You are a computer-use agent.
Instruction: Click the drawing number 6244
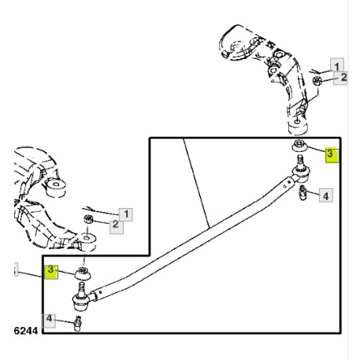(26, 331)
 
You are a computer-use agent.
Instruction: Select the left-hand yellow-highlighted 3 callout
(51, 272)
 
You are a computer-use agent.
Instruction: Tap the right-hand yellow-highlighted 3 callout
(332, 154)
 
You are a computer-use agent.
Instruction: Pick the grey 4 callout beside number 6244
(49, 321)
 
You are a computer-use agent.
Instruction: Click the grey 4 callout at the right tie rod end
(326, 195)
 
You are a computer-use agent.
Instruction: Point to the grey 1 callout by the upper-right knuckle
(337, 65)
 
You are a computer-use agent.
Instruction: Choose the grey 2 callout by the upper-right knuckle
(341, 78)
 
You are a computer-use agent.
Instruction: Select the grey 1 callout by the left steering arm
(126, 214)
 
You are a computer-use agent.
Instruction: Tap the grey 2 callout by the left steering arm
(117, 226)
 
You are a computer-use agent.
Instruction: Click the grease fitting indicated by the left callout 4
(77, 324)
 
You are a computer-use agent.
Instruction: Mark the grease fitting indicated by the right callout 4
(303, 192)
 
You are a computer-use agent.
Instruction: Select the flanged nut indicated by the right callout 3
(299, 146)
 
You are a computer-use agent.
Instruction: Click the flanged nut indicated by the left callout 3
(83, 273)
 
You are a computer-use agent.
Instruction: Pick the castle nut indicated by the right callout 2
(317, 80)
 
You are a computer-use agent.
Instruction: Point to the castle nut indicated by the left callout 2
(88, 219)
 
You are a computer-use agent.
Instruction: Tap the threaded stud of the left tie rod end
(82, 288)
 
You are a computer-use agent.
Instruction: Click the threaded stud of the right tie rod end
(300, 161)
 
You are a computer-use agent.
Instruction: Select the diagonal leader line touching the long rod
(196, 183)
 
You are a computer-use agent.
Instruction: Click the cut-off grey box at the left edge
(16, 269)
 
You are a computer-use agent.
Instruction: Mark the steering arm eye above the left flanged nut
(86, 241)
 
